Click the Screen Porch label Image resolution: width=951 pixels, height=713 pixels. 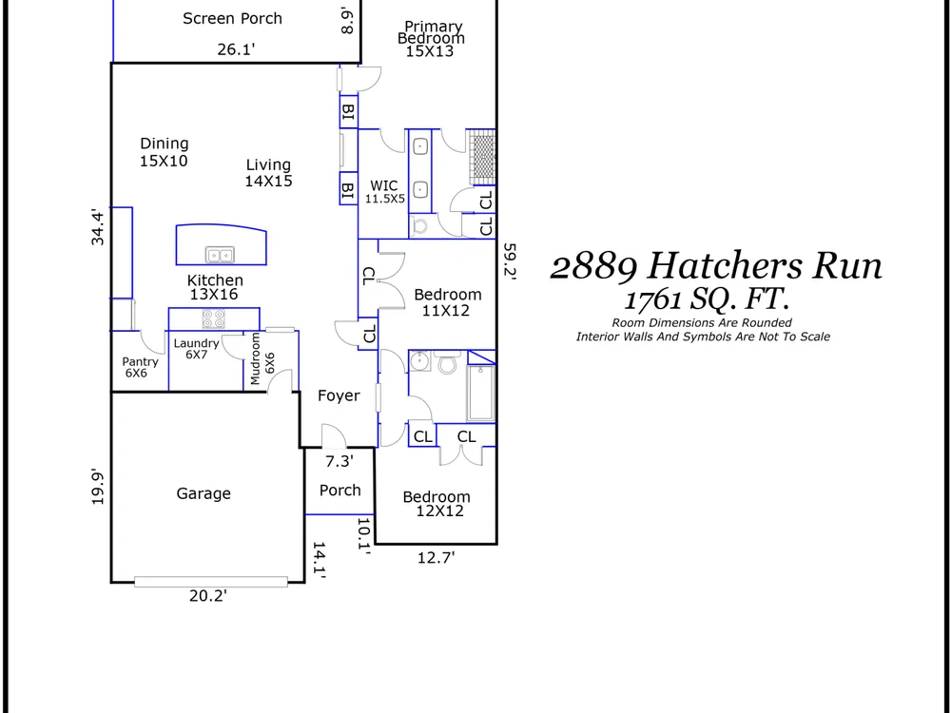point(232,19)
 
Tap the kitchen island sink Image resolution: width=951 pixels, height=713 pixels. point(220,255)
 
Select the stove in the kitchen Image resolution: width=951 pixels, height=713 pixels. point(213,318)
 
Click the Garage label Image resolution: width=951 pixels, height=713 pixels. point(204,493)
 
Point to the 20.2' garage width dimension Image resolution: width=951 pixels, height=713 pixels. point(208,596)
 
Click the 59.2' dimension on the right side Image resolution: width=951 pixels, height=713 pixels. point(510,260)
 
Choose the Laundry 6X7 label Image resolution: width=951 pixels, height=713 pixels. point(197,349)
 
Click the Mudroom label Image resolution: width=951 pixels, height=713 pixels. point(255,358)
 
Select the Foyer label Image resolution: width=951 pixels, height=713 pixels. point(340,395)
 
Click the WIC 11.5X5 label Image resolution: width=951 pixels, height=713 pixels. point(384,192)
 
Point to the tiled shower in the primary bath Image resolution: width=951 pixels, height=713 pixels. point(483,157)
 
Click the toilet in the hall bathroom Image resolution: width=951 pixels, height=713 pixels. point(448,364)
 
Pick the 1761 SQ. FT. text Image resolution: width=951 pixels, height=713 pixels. point(708,299)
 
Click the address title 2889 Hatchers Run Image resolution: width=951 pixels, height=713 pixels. point(716,266)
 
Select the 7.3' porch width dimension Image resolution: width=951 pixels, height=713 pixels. point(340,461)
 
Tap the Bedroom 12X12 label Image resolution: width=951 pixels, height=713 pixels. point(437,504)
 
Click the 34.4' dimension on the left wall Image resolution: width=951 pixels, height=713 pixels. point(98,227)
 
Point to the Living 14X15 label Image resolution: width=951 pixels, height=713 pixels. point(269,173)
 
